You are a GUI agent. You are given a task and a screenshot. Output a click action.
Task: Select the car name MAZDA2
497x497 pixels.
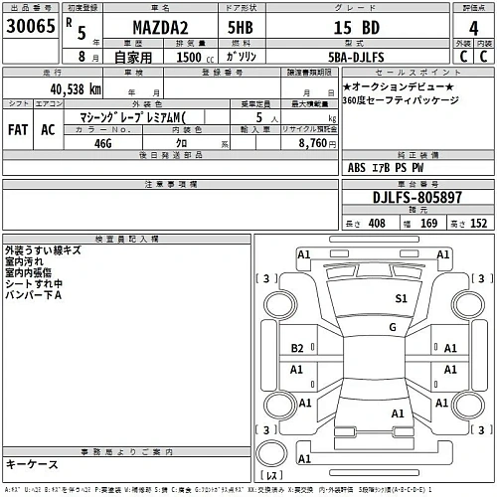pos(160,29)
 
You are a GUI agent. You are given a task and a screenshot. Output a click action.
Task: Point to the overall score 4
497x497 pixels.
pos(472,29)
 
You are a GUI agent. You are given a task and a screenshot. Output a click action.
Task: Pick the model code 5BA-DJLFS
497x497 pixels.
pos(362,59)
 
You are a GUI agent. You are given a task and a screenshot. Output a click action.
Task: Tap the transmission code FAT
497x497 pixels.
pos(18,129)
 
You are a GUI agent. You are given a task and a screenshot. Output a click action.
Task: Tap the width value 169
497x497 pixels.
pos(428,223)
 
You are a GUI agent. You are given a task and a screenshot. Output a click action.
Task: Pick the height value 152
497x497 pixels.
pos(479,223)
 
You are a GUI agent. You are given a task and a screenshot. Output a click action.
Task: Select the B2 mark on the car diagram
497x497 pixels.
pos(296,347)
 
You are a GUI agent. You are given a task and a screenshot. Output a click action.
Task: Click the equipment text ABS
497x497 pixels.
pos(357,168)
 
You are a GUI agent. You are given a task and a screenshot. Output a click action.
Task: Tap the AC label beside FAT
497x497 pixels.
pos(47,129)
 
